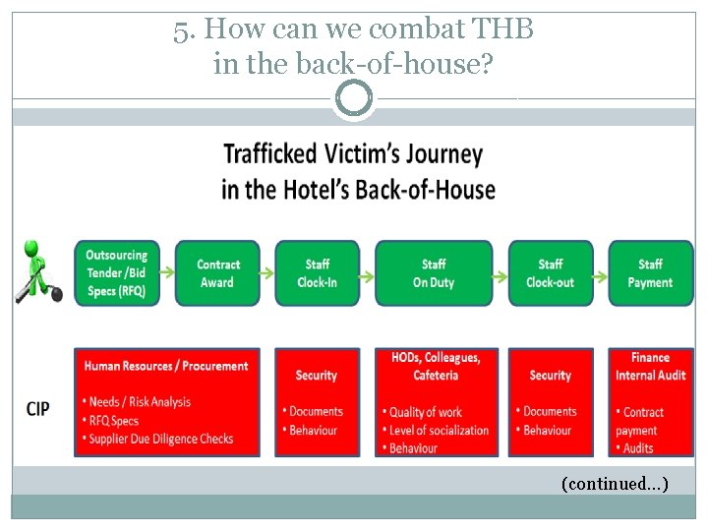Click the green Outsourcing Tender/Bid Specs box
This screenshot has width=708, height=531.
(x=117, y=272)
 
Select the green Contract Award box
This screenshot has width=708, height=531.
(x=217, y=272)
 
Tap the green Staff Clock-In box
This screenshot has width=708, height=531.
(x=317, y=272)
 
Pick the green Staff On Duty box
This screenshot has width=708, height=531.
(x=434, y=272)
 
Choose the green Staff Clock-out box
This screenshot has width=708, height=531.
(x=551, y=272)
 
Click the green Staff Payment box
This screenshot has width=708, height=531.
(x=650, y=272)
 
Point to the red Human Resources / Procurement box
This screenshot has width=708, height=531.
(x=167, y=401)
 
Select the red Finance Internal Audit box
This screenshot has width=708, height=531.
(x=650, y=401)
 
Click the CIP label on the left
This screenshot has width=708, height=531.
(x=37, y=408)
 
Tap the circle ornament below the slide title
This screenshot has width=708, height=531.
(x=354, y=98)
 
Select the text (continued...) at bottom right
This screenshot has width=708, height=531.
(x=615, y=483)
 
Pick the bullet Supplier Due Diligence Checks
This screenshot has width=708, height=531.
(x=162, y=439)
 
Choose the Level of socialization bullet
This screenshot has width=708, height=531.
(x=438, y=430)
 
